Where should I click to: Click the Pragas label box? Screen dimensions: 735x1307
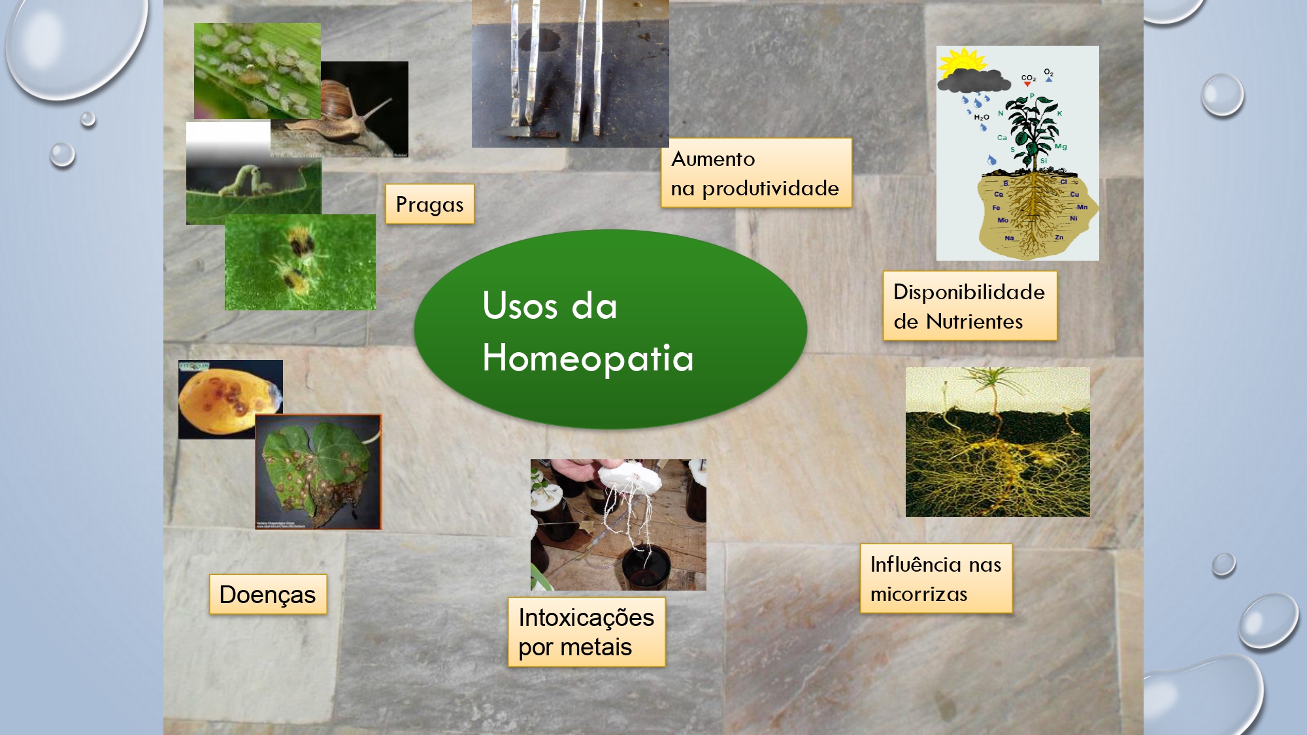pos(429,204)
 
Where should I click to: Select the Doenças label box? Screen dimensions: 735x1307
pos(267,595)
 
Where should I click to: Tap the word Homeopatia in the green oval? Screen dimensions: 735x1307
pos(587,358)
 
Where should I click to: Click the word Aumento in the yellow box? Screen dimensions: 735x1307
pos(713,159)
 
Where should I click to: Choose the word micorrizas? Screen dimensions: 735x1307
pos(919,594)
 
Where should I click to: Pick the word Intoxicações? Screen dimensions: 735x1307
pos(586,617)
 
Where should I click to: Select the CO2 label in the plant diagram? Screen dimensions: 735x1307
pos(1028,78)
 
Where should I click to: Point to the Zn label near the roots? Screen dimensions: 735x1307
pos(1059,237)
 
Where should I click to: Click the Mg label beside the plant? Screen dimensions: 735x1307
pos(1060,146)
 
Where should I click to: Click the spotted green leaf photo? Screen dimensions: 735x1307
pos(318,472)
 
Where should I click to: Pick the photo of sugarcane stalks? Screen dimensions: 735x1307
pos(570,73)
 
